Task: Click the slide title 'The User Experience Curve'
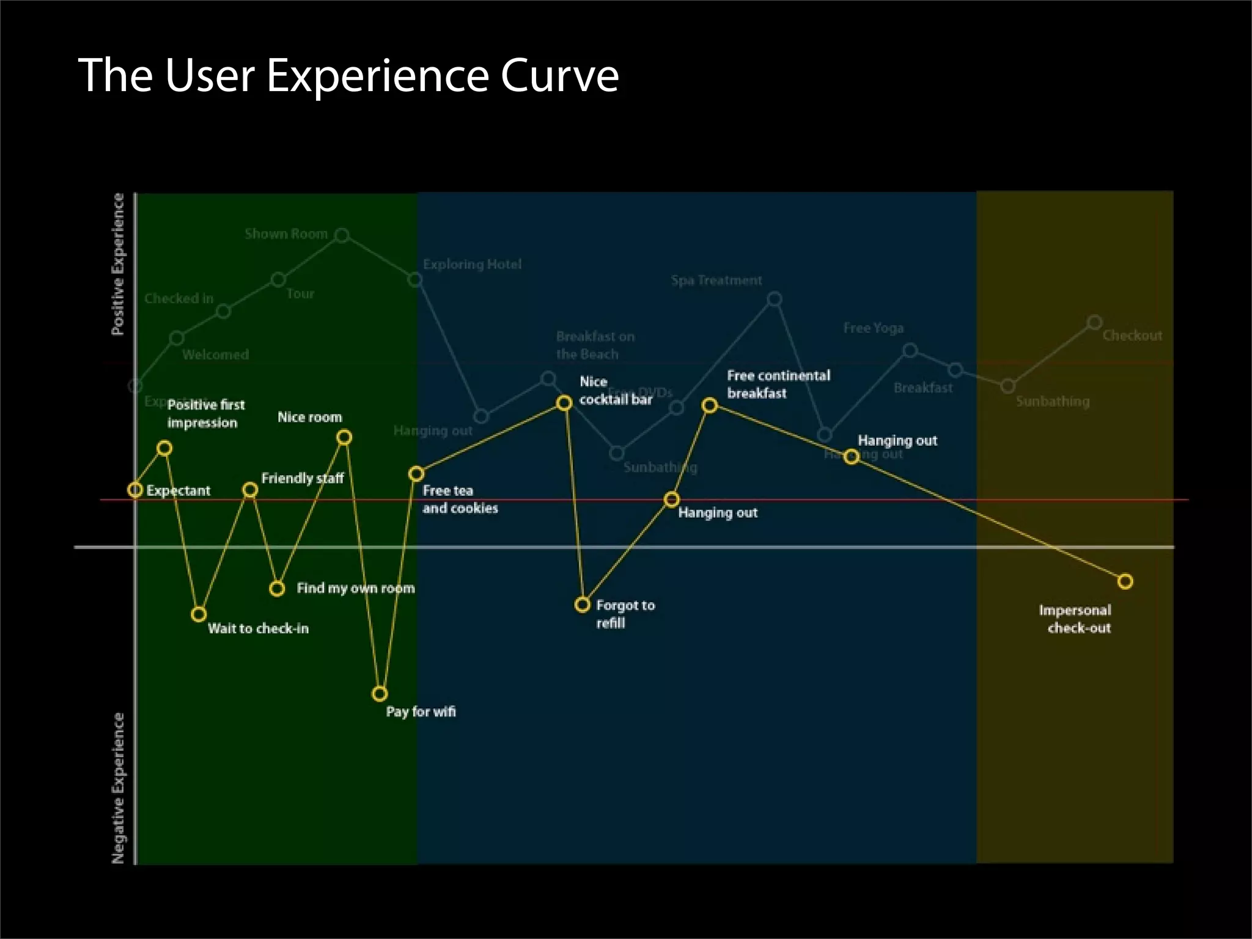(x=348, y=75)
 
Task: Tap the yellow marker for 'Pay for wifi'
(x=380, y=694)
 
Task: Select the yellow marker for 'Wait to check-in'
(x=199, y=614)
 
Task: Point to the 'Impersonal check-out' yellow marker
(x=1125, y=581)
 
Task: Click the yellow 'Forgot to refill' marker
(x=583, y=605)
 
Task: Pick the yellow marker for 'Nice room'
(x=344, y=437)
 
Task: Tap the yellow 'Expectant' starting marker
(x=135, y=490)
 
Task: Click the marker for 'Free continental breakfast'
(x=710, y=405)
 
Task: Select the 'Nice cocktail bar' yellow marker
(x=564, y=403)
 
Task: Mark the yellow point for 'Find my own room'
(x=277, y=589)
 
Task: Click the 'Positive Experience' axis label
(x=118, y=264)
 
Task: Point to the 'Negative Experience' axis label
(x=118, y=789)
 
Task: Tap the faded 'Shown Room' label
(x=286, y=234)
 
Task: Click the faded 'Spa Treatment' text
(x=716, y=281)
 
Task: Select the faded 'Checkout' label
(x=1132, y=336)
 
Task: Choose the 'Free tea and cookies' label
(x=460, y=499)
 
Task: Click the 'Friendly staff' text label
(x=303, y=478)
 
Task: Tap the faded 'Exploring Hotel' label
(x=472, y=265)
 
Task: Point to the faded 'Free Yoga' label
(x=874, y=328)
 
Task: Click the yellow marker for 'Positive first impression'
(x=164, y=448)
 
